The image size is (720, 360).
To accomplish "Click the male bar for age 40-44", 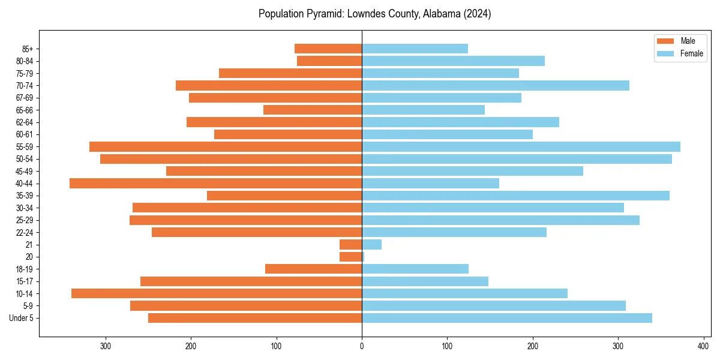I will coord(215,184).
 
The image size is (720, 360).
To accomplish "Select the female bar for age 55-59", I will coord(521,147).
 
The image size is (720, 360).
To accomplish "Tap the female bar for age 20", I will coord(363,257).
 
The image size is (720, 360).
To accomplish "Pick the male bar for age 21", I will coord(350,245).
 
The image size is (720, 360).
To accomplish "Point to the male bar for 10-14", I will coord(217,293).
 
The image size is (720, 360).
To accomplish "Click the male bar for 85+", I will coord(328,49).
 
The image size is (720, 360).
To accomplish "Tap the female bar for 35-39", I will coord(515,196).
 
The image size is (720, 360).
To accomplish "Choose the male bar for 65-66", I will coord(313,110).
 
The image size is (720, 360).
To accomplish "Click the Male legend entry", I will coord(688,41).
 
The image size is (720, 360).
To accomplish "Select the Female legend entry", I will coord(691,53).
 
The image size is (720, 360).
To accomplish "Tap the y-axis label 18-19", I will coord(25,269).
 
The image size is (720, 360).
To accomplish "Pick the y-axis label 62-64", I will coord(25,122).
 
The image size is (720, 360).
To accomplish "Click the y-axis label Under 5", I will coord(21,318).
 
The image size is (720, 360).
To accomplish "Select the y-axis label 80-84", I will coord(25,61).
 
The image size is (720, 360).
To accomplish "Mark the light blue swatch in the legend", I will coord(666,53).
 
